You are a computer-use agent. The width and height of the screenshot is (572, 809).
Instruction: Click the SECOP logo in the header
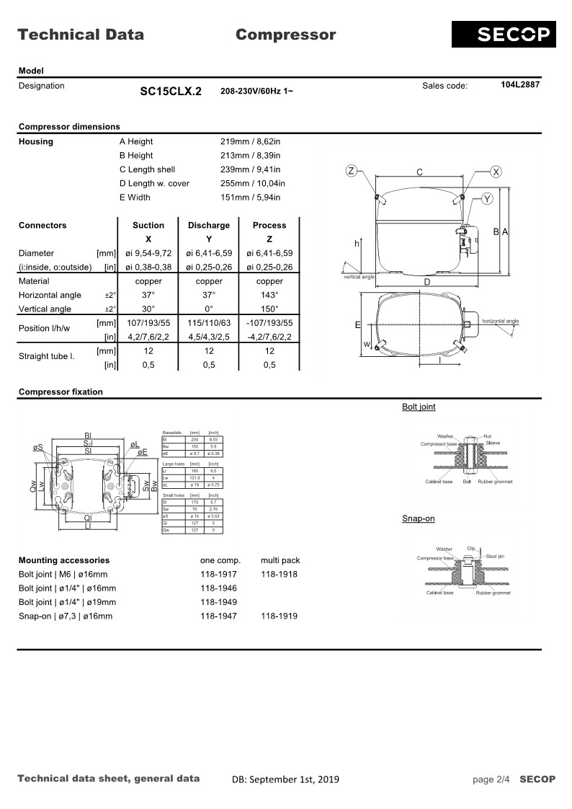pos(504,34)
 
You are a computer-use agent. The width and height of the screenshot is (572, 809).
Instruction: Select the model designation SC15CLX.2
pos(171,92)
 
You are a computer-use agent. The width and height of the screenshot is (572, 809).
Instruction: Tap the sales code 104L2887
pos(520,85)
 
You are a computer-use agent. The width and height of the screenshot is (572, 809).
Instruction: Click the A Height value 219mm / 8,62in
pos(250,141)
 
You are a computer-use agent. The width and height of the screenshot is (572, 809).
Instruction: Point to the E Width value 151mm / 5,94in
pos(250,197)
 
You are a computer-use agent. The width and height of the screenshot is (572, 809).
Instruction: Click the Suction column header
pos(148,225)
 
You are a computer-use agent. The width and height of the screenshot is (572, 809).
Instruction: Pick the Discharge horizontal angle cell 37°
pos(209,295)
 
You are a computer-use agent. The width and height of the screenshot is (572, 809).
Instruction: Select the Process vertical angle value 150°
pos(269,309)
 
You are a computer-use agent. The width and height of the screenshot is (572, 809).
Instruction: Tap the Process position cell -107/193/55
pos(269,322)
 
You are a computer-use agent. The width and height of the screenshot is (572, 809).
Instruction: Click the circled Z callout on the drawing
pos(351,171)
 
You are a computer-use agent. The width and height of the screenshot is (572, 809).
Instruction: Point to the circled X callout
pos(496,171)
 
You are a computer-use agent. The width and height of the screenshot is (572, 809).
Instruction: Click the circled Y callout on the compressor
pos(487,199)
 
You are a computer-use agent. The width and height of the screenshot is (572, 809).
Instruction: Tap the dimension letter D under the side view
pos(426,282)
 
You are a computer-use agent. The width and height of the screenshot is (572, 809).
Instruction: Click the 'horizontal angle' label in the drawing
pos(500,321)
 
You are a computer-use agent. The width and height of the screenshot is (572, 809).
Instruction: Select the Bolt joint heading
pos(419,407)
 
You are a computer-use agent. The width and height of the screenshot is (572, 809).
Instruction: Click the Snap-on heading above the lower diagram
pos(418,518)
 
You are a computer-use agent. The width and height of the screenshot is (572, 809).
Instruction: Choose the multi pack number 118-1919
pos(279,616)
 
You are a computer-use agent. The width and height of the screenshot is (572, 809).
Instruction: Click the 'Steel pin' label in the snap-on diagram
pos(495,556)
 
